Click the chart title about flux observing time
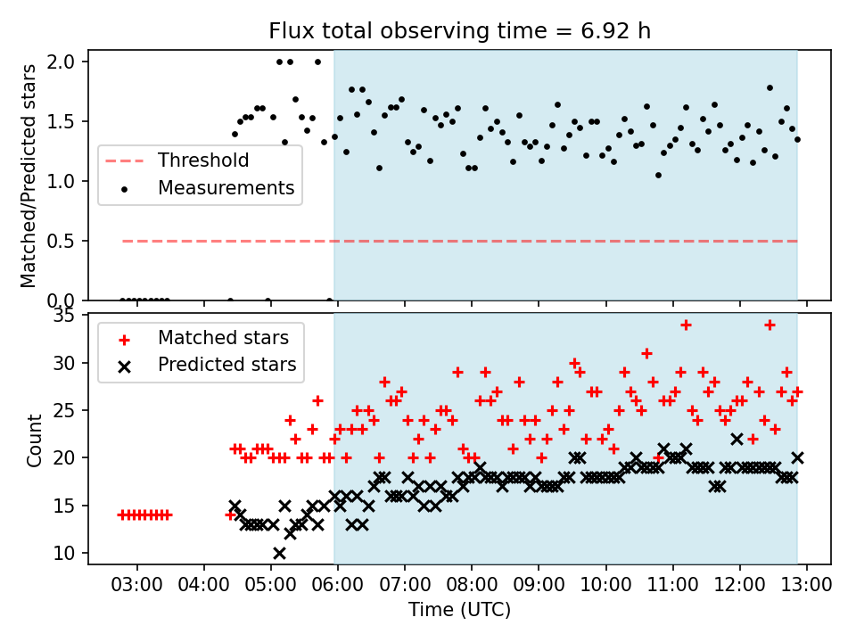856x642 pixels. [459, 31]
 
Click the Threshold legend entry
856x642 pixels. [202, 161]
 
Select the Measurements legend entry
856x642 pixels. [226, 188]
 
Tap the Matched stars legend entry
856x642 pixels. [223, 338]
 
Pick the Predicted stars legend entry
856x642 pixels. [226, 365]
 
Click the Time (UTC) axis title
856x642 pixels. [459, 610]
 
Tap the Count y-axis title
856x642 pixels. [35, 440]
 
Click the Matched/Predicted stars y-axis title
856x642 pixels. [29, 176]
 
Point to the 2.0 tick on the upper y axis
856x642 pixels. [69, 62]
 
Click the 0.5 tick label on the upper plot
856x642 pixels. [69, 241]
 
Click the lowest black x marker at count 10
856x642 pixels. [279, 553]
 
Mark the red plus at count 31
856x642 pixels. [646, 353]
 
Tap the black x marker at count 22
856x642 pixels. [737, 439]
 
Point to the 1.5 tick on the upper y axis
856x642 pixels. [69, 122]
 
